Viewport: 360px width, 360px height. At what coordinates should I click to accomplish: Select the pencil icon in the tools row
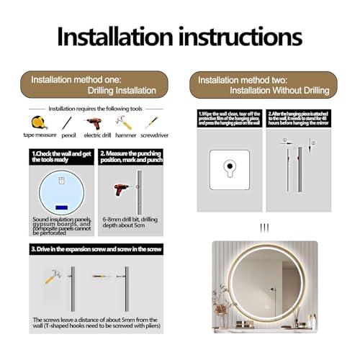(x=67, y=122)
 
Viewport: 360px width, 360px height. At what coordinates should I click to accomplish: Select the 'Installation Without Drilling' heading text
(x=279, y=90)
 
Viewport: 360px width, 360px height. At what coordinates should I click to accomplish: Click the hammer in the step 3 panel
(x=54, y=276)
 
